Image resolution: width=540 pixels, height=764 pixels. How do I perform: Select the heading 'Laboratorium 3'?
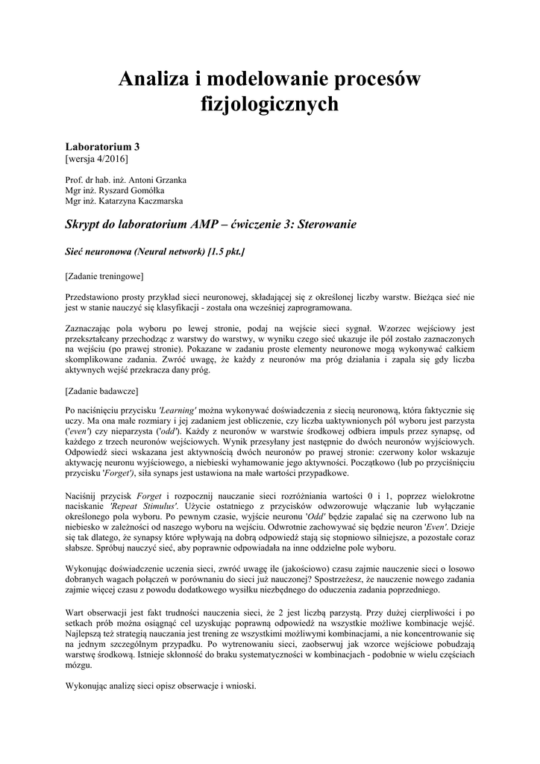point(102,147)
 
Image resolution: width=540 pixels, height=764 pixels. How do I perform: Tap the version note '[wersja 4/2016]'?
point(97,159)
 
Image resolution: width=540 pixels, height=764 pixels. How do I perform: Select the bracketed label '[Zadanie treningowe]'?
point(104,276)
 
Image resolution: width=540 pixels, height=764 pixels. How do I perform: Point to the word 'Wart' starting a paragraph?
point(75,613)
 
